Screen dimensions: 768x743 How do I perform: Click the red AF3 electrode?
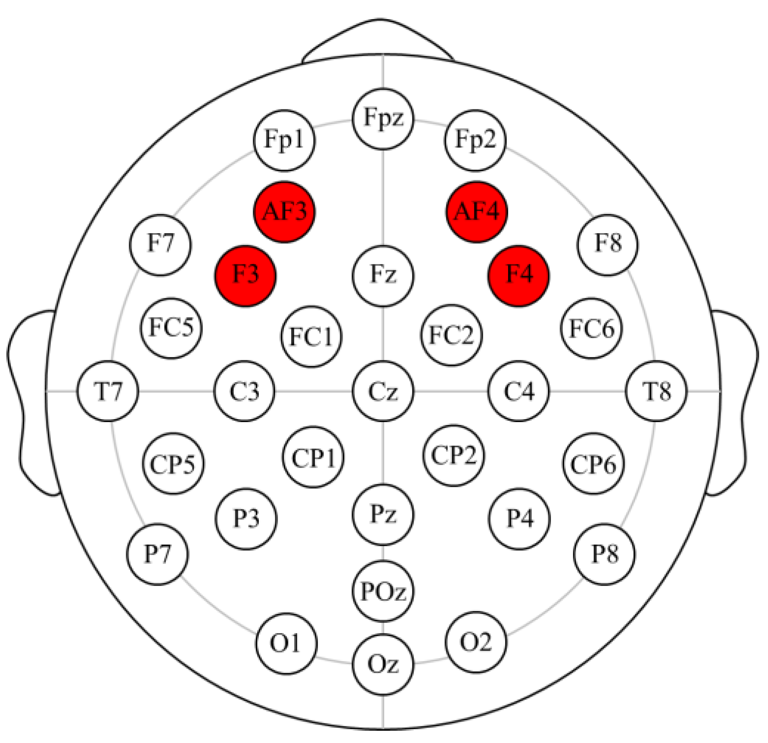(284, 212)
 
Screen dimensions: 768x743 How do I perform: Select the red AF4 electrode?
(476, 212)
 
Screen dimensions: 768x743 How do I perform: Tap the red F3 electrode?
(246, 275)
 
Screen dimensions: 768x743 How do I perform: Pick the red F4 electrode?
(519, 275)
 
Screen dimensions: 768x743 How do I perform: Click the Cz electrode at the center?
(383, 392)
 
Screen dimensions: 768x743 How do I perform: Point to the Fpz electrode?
(383, 118)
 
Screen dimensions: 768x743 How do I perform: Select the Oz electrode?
(383, 664)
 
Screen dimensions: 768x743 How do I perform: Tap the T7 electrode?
(108, 392)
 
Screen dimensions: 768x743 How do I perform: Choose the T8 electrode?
(657, 392)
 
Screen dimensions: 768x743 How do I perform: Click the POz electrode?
(383, 591)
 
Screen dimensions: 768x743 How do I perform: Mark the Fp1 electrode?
(284, 140)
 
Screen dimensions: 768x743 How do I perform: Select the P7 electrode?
(157, 554)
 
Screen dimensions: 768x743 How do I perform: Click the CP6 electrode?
(593, 464)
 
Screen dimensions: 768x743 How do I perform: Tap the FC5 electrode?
(171, 328)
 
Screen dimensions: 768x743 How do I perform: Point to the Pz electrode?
(383, 515)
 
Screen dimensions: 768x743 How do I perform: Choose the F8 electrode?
(607, 244)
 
